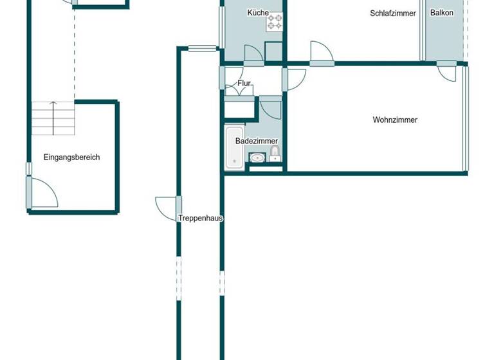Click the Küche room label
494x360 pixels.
pos(258,13)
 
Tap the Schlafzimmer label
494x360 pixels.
pos(393,13)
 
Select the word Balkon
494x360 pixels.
pos(442,13)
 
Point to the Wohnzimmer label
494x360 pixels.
pos(395,120)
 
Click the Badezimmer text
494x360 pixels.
pos(257,141)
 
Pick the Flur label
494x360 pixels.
pos(244,84)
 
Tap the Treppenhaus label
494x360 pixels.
pos(201,218)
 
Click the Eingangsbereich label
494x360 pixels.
pos(71,157)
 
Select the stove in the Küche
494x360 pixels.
pos(275,22)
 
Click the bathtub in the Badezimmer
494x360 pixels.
pos(235,147)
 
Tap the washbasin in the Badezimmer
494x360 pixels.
pos(257,157)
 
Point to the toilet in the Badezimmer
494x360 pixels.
pos(275,153)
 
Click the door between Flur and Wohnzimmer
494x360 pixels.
pos(295,78)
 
